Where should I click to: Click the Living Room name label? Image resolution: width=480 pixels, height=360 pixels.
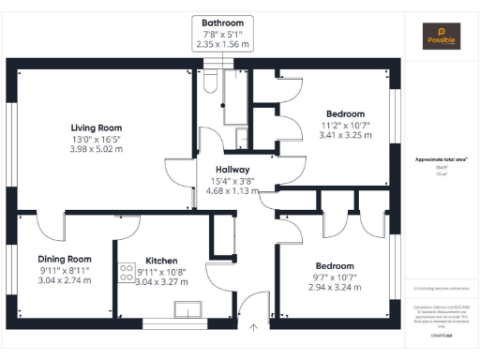click(x=97, y=127)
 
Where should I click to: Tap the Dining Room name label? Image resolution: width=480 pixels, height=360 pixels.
click(x=65, y=259)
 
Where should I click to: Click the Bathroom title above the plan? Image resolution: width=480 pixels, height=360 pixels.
click(x=222, y=22)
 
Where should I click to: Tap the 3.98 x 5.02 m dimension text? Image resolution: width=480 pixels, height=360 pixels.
click(x=97, y=150)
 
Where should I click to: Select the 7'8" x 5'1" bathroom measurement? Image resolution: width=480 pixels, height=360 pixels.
click(x=222, y=34)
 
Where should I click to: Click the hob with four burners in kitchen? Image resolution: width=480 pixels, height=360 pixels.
click(x=126, y=272)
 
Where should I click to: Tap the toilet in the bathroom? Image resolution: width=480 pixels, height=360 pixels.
click(x=209, y=86)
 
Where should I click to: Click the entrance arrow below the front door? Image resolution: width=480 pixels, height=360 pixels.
click(x=253, y=328)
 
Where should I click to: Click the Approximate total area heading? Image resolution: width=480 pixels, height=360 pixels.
click(x=442, y=159)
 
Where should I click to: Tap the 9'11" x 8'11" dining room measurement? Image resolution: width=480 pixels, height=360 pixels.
click(x=65, y=270)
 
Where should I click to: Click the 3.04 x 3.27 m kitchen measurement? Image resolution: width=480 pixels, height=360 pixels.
click(x=161, y=281)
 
